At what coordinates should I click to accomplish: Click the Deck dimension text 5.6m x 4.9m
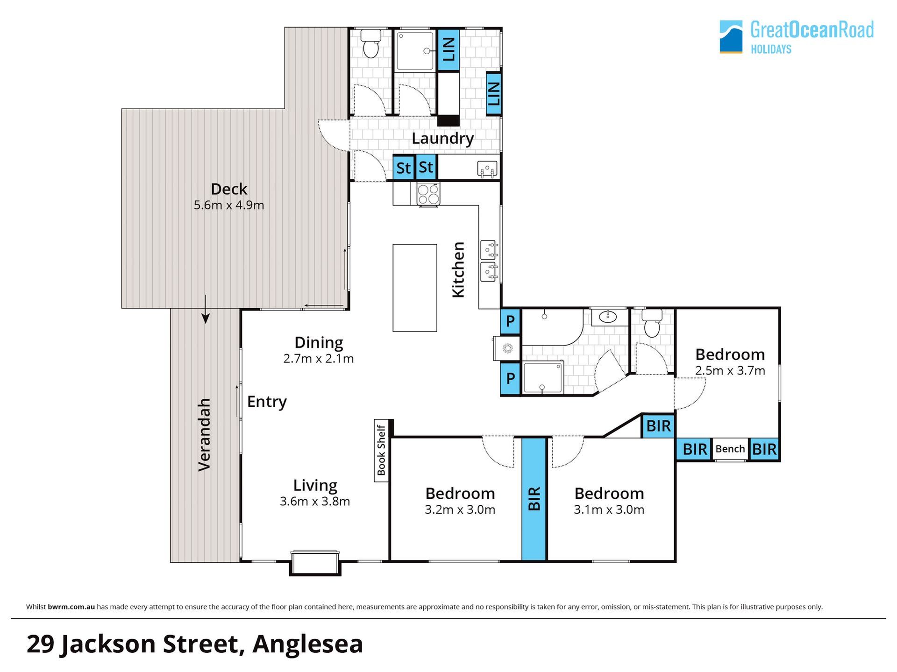[229, 205]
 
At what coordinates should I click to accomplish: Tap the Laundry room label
[442, 138]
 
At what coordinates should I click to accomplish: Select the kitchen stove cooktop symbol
[428, 194]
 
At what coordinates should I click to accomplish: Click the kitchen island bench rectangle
[415, 288]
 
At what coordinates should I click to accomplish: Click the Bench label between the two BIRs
[730, 449]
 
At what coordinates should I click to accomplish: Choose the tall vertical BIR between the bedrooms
[534, 499]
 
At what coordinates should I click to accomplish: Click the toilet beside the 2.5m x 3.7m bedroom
[652, 322]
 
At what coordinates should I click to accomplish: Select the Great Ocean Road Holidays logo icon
[731, 36]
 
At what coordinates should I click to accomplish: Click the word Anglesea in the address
[307, 644]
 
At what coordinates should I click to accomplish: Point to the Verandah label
[204, 435]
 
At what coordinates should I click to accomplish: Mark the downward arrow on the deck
[206, 309]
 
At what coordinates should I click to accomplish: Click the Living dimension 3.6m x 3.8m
[315, 502]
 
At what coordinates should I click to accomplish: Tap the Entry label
[267, 402]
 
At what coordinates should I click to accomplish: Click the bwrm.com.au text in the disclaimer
[71, 607]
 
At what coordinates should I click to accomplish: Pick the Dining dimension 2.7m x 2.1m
[319, 359]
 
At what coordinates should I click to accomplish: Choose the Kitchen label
[458, 270]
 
